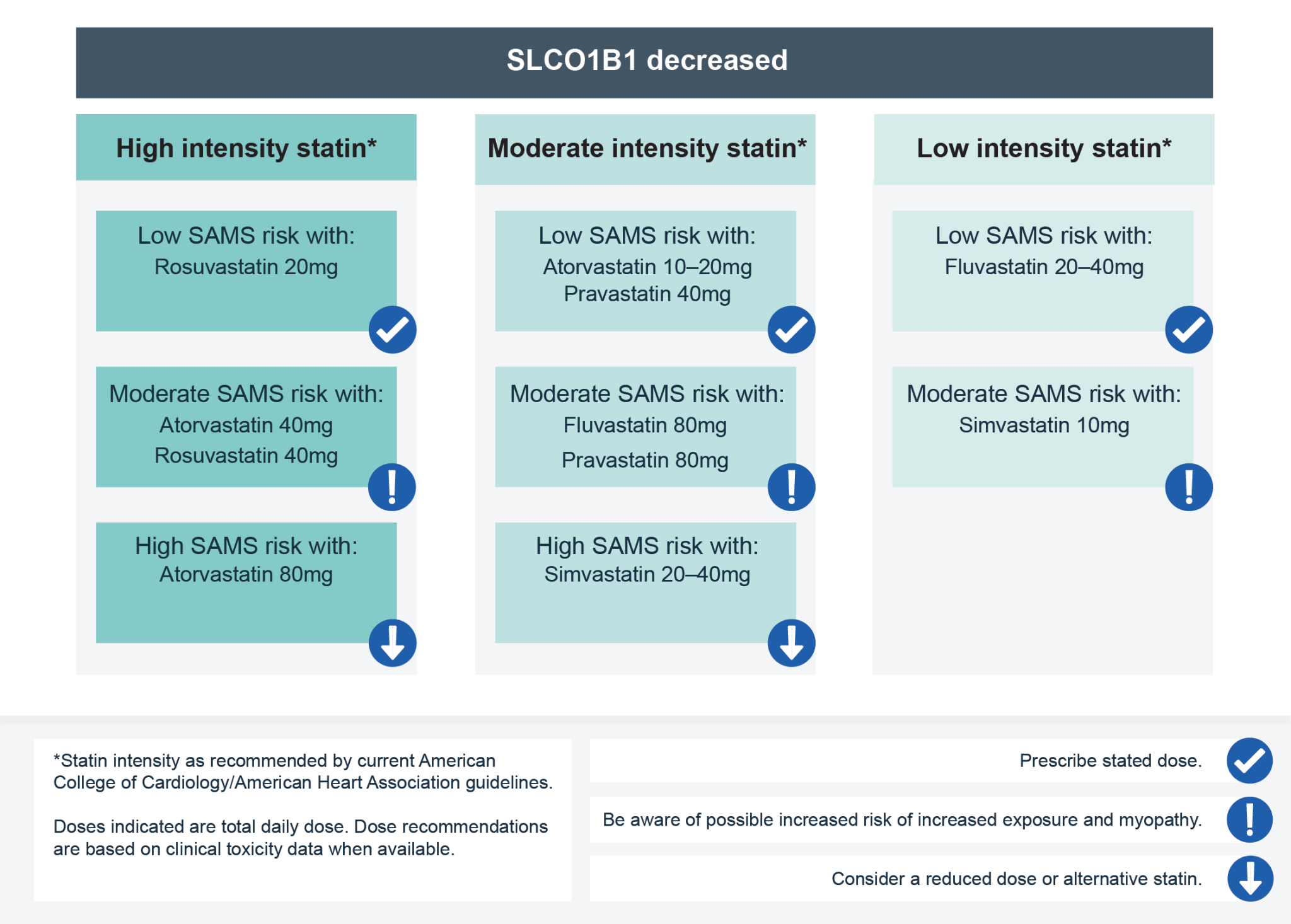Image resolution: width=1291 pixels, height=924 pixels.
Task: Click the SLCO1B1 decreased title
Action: point(647,61)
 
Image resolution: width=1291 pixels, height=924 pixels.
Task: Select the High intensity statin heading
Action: point(246,149)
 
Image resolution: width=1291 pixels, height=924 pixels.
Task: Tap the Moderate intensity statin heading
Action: point(647,149)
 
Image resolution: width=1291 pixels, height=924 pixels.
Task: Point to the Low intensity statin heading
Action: point(1043,149)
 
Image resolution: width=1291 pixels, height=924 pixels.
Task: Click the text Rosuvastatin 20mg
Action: point(246,267)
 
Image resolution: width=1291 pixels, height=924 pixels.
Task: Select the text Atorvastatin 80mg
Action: point(246,575)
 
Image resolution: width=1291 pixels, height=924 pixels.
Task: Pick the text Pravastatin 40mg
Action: point(647,294)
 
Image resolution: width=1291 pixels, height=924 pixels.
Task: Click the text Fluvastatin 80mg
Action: point(645,425)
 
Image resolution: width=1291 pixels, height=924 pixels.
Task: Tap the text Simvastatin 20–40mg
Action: point(647,575)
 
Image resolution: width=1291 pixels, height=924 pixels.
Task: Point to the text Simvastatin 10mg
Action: point(1043,425)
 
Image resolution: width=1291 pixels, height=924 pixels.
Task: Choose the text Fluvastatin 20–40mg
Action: point(1043,267)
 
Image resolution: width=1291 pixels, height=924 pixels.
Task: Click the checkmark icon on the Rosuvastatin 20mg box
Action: point(392,330)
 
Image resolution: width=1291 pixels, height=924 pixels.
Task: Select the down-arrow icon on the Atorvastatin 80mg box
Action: point(392,643)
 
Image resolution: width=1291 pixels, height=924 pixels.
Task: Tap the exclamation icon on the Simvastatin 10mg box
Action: point(1189,487)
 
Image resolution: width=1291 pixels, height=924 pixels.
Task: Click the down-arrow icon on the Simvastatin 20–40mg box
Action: point(791,643)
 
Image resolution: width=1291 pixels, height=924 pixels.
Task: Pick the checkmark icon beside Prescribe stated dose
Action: point(1249,761)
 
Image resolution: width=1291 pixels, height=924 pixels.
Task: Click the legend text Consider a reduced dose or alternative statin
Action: point(1016,879)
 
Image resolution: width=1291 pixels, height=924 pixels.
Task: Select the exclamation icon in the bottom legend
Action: point(1249,819)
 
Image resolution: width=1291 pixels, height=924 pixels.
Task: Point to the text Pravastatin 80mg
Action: point(645,461)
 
